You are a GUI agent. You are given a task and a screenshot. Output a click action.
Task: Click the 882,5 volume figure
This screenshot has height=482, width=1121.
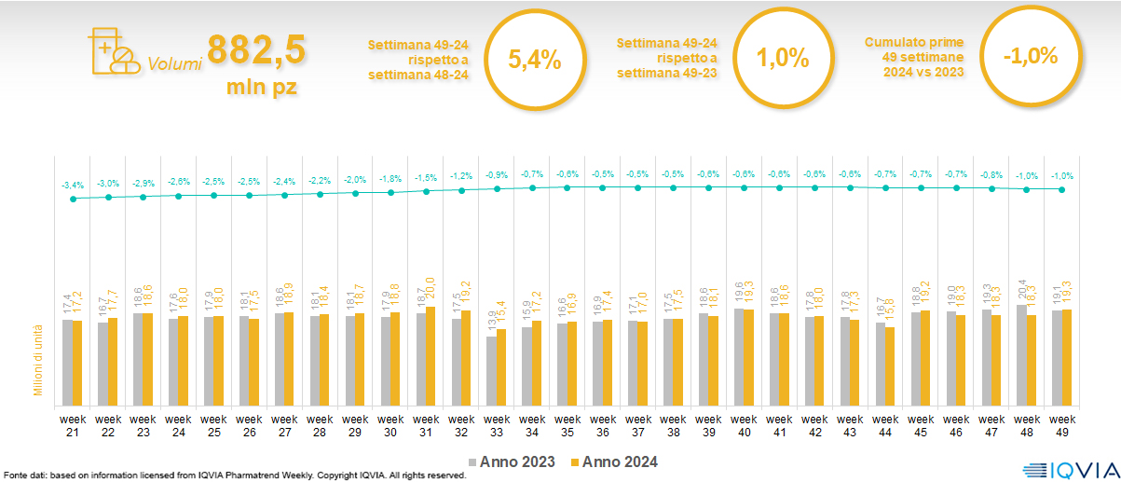[256, 50]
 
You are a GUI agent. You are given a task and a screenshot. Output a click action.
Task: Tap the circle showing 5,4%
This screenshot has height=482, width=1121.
[534, 60]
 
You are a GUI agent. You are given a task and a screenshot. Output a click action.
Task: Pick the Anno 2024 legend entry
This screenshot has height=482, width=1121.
[616, 461]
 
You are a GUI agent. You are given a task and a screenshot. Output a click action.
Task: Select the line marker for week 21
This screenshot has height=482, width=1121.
[74, 199]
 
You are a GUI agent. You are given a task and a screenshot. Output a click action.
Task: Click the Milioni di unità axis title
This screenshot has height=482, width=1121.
[39, 359]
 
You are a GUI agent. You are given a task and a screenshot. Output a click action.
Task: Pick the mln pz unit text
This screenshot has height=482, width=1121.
[262, 90]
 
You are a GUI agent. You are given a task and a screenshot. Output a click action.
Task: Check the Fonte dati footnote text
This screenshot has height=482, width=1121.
[234, 475]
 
